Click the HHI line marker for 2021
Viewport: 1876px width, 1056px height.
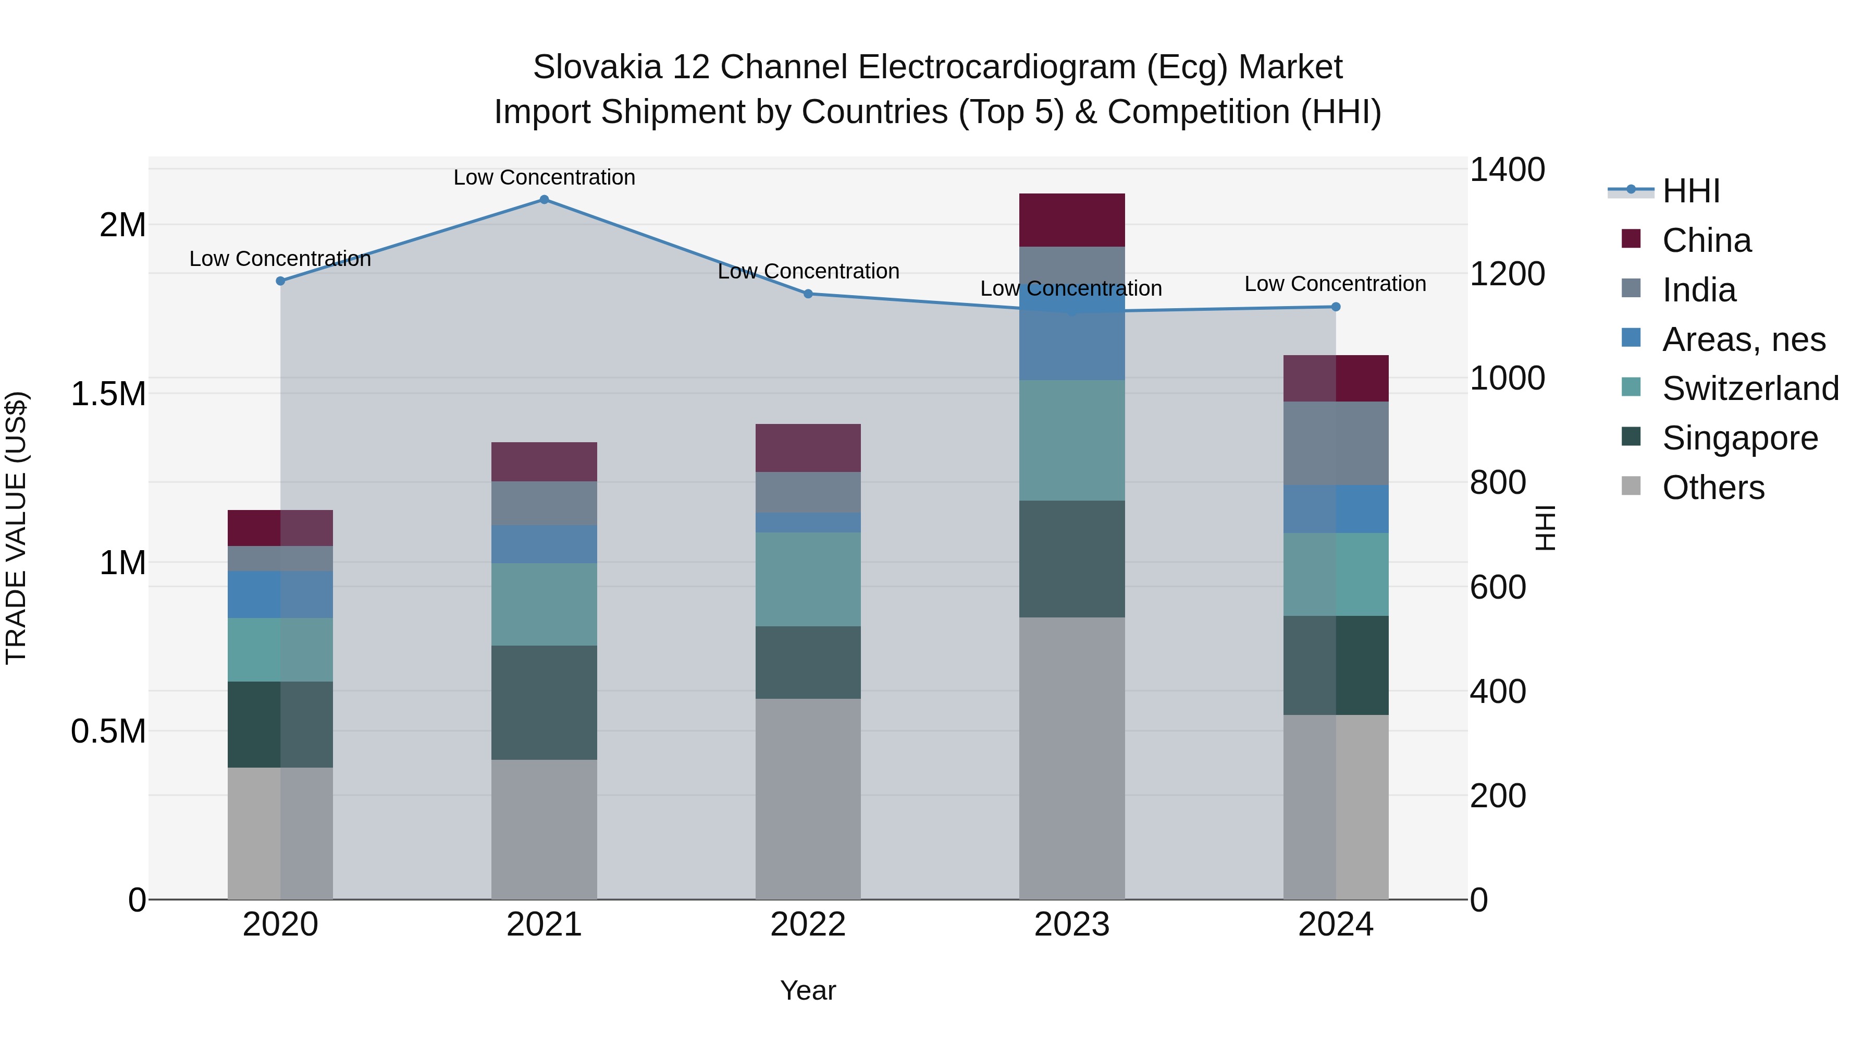click(x=544, y=200)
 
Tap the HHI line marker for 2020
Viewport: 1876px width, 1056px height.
click(x=280, y=281)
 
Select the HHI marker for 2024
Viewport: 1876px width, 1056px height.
click(x=1336, y=307)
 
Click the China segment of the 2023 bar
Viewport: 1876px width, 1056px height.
click(x=1071, y=220)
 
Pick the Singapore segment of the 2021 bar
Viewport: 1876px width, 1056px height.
click(x=544, y=702)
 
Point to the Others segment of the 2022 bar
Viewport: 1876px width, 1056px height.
click(x=808, y=799)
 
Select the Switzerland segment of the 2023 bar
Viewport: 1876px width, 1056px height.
click(x=1071, y=440)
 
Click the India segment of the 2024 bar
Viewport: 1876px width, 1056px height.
click(x=1336, y=443)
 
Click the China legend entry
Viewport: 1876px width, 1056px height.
click(x=1706, y=240)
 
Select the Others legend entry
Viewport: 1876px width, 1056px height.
click(x=1712, y=488)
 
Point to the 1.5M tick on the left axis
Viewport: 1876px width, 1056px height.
click(x=108, y=394)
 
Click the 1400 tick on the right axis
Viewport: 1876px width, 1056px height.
click(x=1507, y=170)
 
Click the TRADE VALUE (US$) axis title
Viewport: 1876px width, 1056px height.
click(x=16, y=528)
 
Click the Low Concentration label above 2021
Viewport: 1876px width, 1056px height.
click(x=544, y=178)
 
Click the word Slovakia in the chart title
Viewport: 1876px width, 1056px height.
click(x=597, y=68)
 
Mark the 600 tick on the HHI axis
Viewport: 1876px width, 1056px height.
click(x=1497, y=587)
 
